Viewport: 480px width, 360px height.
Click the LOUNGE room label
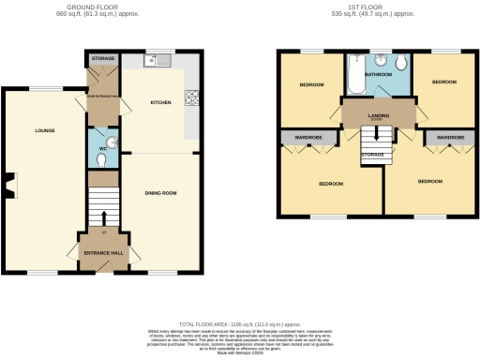click(44, 130)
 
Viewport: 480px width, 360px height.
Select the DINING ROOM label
click(162, 193)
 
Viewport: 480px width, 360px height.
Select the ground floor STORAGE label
click(102, 58)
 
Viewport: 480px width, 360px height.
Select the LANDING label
click(379, 114)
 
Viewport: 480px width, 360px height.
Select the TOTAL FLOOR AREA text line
click(239, 321)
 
